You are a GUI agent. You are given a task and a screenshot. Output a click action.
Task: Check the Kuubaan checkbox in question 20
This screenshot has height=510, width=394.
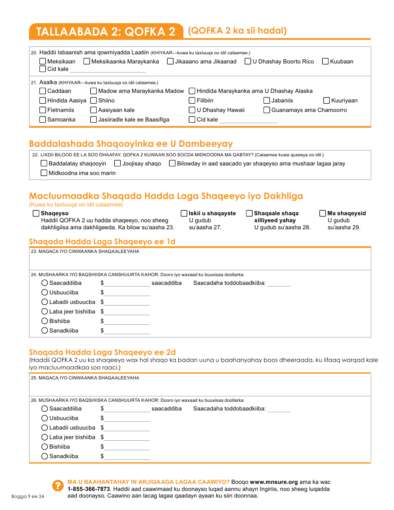pyautogui.click(x=326, y=61)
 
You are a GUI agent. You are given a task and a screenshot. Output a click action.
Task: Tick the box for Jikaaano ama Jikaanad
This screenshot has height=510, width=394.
pyautogui.click(x=170, y=61)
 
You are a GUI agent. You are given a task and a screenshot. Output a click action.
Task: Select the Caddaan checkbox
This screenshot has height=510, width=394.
pyautogui.click(x=43, y=91)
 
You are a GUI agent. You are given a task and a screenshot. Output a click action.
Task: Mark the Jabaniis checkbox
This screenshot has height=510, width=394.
pyautogui.click(x=267, y=100)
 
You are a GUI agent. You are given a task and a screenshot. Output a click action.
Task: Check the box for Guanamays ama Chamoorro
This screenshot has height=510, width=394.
pyautogui.click(x=267, y=110)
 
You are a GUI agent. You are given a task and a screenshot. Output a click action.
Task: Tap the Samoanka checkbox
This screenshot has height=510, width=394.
pyautogui.click(x=43, y=119)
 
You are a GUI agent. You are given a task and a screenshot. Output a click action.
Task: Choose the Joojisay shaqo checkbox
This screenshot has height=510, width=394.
pyautogui.click(x=117, y=163)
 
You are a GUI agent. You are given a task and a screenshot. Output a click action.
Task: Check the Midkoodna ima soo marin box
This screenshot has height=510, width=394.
pyautogui.click(x=44, y=173)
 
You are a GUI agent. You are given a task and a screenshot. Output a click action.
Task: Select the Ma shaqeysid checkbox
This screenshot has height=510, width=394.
pyautogui.click(x=323, y=213)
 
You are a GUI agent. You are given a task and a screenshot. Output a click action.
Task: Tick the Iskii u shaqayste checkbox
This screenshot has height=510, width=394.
pyautogui.click(x=184, y=213)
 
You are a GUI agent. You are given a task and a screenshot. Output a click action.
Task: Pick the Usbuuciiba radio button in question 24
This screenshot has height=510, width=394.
pyautogui.click(x=45, y=292)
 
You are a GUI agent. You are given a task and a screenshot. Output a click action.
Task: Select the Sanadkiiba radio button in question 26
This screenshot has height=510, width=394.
pyautogui.click(x=45, y=456)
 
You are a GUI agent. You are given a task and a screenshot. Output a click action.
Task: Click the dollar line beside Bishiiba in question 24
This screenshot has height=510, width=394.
pyautogui.click(x=127, y=321)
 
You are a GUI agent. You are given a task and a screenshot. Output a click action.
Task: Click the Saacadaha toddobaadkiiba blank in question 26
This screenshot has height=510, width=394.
pyautogui.click(x=279, y=409)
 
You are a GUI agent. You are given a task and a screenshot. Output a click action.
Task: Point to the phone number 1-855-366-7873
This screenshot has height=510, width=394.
pyautogui.click(x=86, y=489)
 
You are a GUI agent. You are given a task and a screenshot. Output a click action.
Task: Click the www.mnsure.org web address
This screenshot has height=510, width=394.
pyautogui.click(x=274, y=482)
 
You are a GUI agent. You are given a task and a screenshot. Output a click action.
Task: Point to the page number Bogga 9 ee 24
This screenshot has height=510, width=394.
pyautogui.click(x=28, y=496)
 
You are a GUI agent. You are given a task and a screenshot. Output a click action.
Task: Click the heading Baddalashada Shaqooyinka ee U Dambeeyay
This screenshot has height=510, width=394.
pyautogui.click(x=131, y=144)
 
